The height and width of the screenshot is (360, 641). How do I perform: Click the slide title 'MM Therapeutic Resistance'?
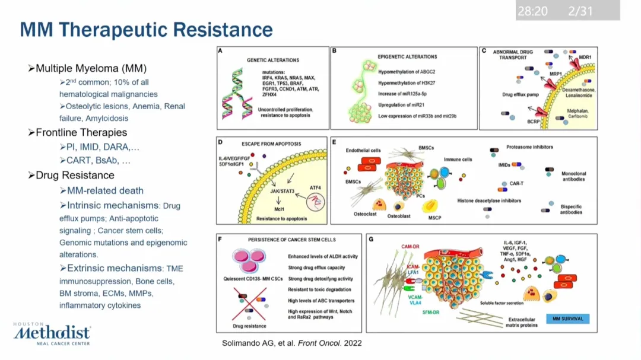coord(146,30)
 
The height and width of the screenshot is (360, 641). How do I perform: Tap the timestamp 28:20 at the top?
coord(532,11)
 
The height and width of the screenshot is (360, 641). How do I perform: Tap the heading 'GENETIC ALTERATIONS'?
coord(273,60)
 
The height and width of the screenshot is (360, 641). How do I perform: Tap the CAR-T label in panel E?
coord(516,184)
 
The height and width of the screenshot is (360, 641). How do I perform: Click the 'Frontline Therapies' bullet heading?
coord(81,132)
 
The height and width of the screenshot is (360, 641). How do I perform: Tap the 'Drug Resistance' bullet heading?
coord(75,175)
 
